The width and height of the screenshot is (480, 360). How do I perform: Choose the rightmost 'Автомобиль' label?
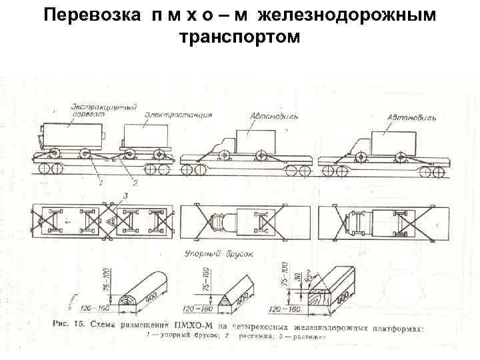pos(412,117)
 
